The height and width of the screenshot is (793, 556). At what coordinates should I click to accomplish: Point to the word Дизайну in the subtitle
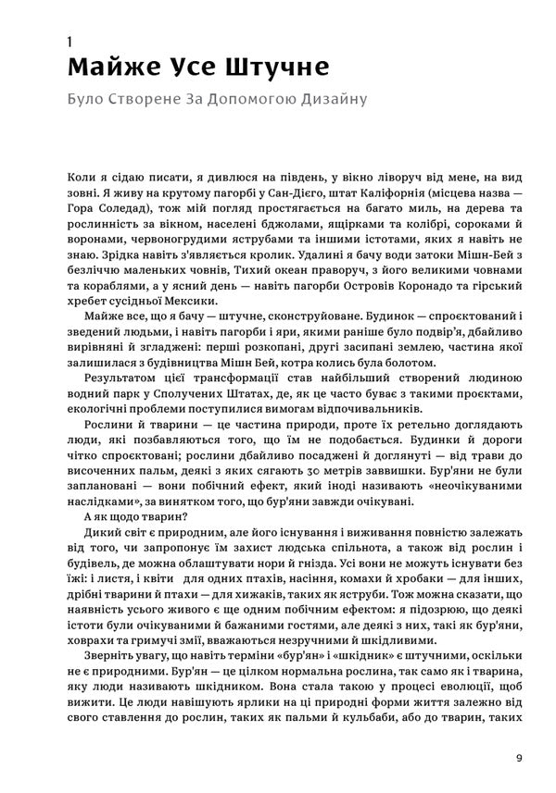pos(327,97)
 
